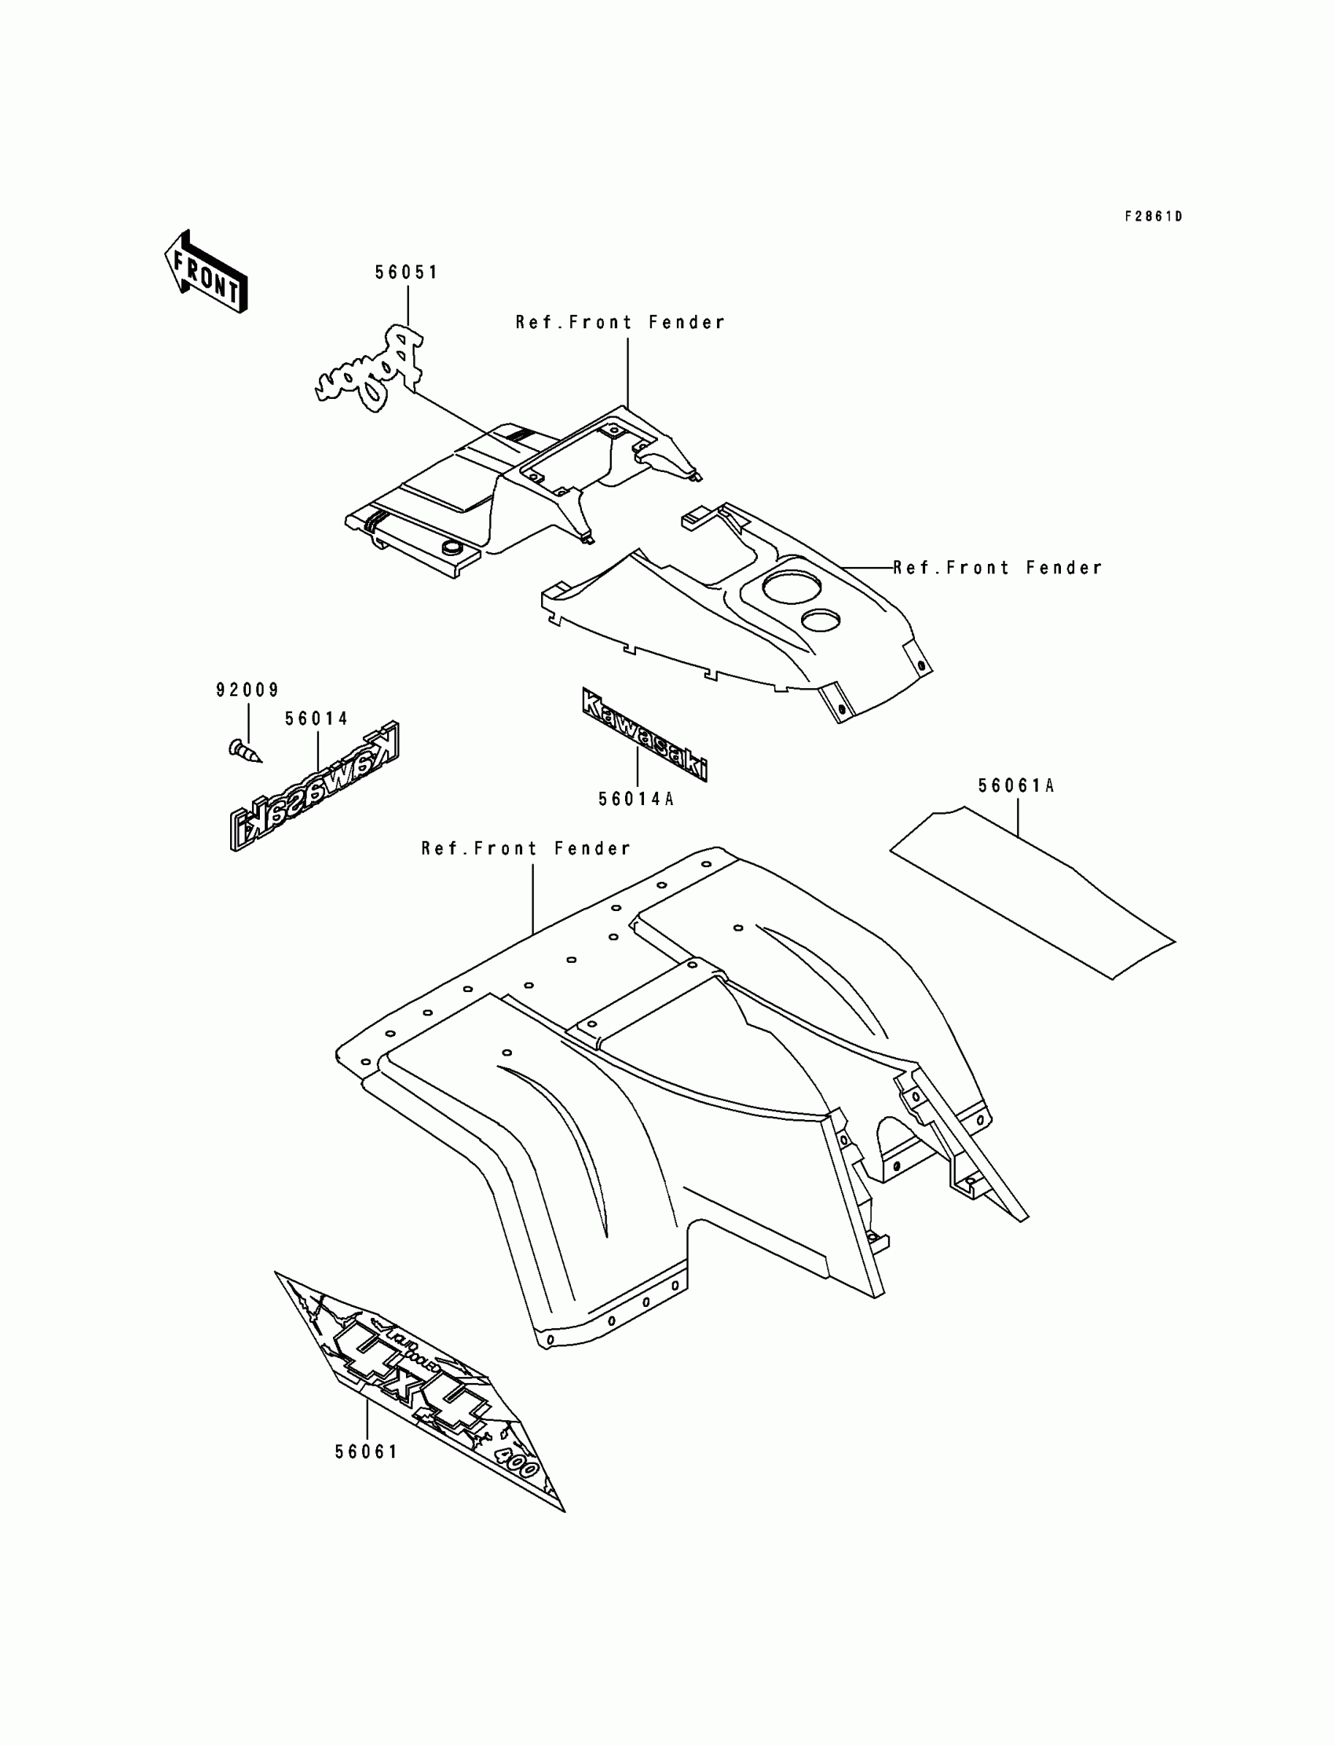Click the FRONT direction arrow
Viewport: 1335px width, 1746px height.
pos(206,272)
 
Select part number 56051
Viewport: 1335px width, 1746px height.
pos(407,273)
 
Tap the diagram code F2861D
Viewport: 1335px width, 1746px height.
pos(1153,216)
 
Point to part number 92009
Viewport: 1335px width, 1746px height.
pos(248,690)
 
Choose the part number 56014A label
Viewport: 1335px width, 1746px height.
pos(637,799)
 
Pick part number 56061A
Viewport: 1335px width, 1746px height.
pos(1016,786)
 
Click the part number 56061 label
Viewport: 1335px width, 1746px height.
pos(366,1452)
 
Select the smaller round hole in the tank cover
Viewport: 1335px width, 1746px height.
pos(821,620)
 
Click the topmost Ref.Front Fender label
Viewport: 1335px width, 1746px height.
pos(620,323)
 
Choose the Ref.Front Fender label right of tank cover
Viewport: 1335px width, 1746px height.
pos(998,567)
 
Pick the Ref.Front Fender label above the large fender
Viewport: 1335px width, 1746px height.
pos(526,849)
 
